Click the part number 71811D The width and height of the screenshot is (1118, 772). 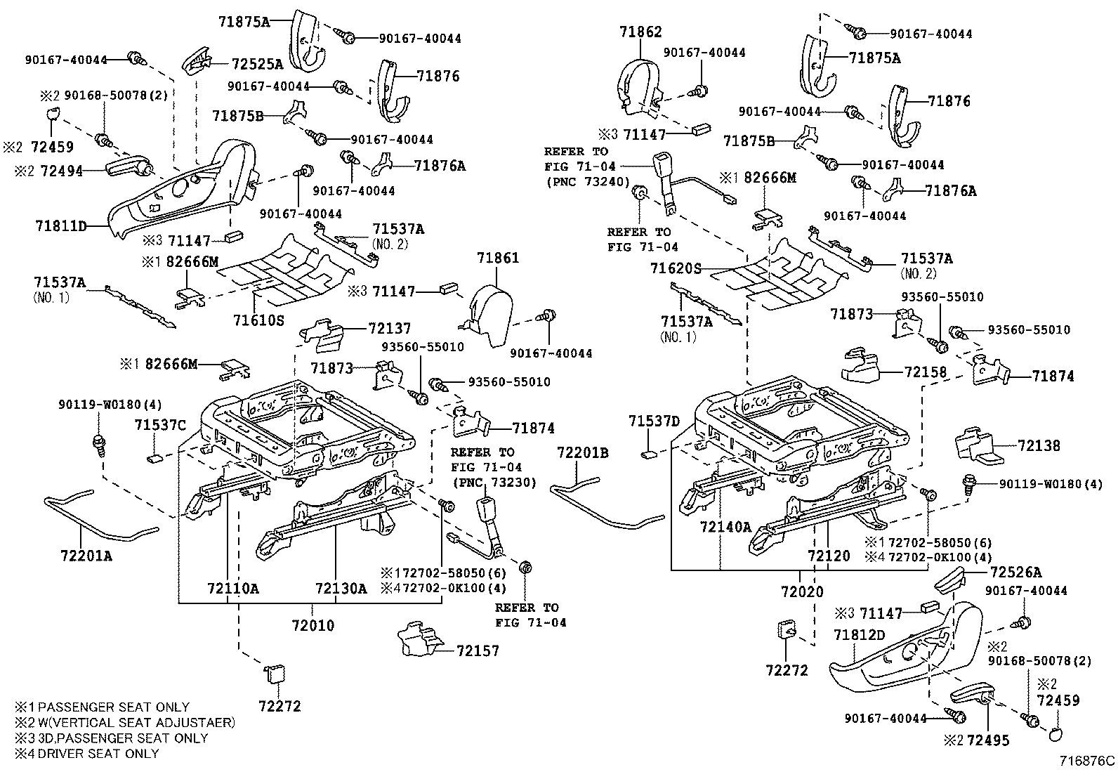(60, 226)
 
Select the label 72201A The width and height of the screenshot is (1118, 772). (86, 556)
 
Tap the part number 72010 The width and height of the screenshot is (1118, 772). (313, 625)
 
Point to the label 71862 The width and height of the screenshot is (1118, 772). (640, 32)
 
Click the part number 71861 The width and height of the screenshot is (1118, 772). (498, 258)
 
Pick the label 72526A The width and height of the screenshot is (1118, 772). (1015, 573)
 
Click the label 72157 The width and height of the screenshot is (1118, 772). (478, 650)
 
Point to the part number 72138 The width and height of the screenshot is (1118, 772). (1038, 445)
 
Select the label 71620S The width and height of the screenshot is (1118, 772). (676, 268)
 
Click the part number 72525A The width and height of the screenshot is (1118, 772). (257, 65)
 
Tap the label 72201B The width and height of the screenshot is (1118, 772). (583, 453)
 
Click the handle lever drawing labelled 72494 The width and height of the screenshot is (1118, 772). (129, 166)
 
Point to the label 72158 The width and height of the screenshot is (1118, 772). (926, 372)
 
